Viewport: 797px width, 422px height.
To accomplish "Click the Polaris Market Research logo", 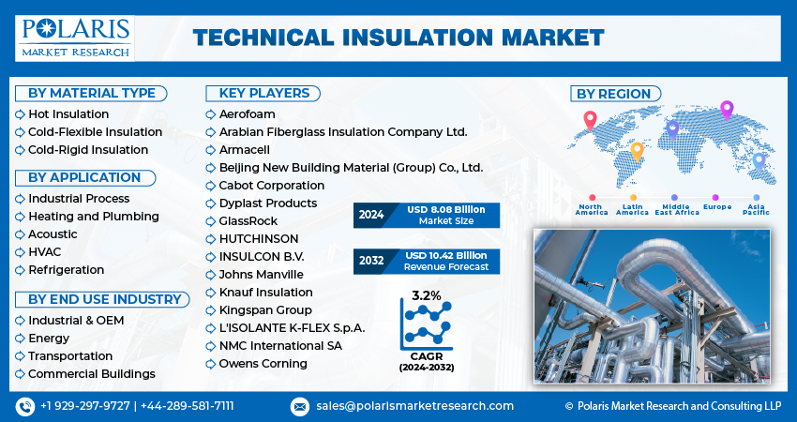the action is [x=75, y=38].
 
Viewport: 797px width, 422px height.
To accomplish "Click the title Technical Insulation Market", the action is [x=398, y=38].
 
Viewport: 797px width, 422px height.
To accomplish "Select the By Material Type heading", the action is [x=91, y=94].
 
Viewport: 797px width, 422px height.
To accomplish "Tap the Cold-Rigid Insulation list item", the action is [x=88, y=150].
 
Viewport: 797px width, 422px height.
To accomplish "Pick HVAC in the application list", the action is [x=45, y=252].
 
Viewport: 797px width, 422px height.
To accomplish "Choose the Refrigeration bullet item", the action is [x=66, y=270].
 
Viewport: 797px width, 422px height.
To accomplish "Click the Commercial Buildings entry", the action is [x=92, y=374].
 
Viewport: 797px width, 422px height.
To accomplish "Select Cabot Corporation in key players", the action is [x=271, y=186].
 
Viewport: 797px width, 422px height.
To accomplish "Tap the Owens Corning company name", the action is [x=263, y=364].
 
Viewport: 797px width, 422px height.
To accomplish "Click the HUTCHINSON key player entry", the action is [x=259, y=239].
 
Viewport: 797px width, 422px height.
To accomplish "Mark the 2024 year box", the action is [x=370, y=215].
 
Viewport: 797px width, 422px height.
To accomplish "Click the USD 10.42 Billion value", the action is [x=445, y=256].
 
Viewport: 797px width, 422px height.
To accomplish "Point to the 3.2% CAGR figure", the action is [x=427, y=296].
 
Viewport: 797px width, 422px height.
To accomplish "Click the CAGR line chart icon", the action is [x=426, y=325].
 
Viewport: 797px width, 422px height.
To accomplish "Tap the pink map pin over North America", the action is [x=590, y=120].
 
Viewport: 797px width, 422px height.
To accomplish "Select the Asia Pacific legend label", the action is [x=756, y=209].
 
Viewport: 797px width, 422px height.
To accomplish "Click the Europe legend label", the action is [x=717, y=207].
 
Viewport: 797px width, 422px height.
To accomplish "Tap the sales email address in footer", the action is [x=414, y=406].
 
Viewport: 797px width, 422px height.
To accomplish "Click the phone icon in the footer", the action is [x=25, y=407].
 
